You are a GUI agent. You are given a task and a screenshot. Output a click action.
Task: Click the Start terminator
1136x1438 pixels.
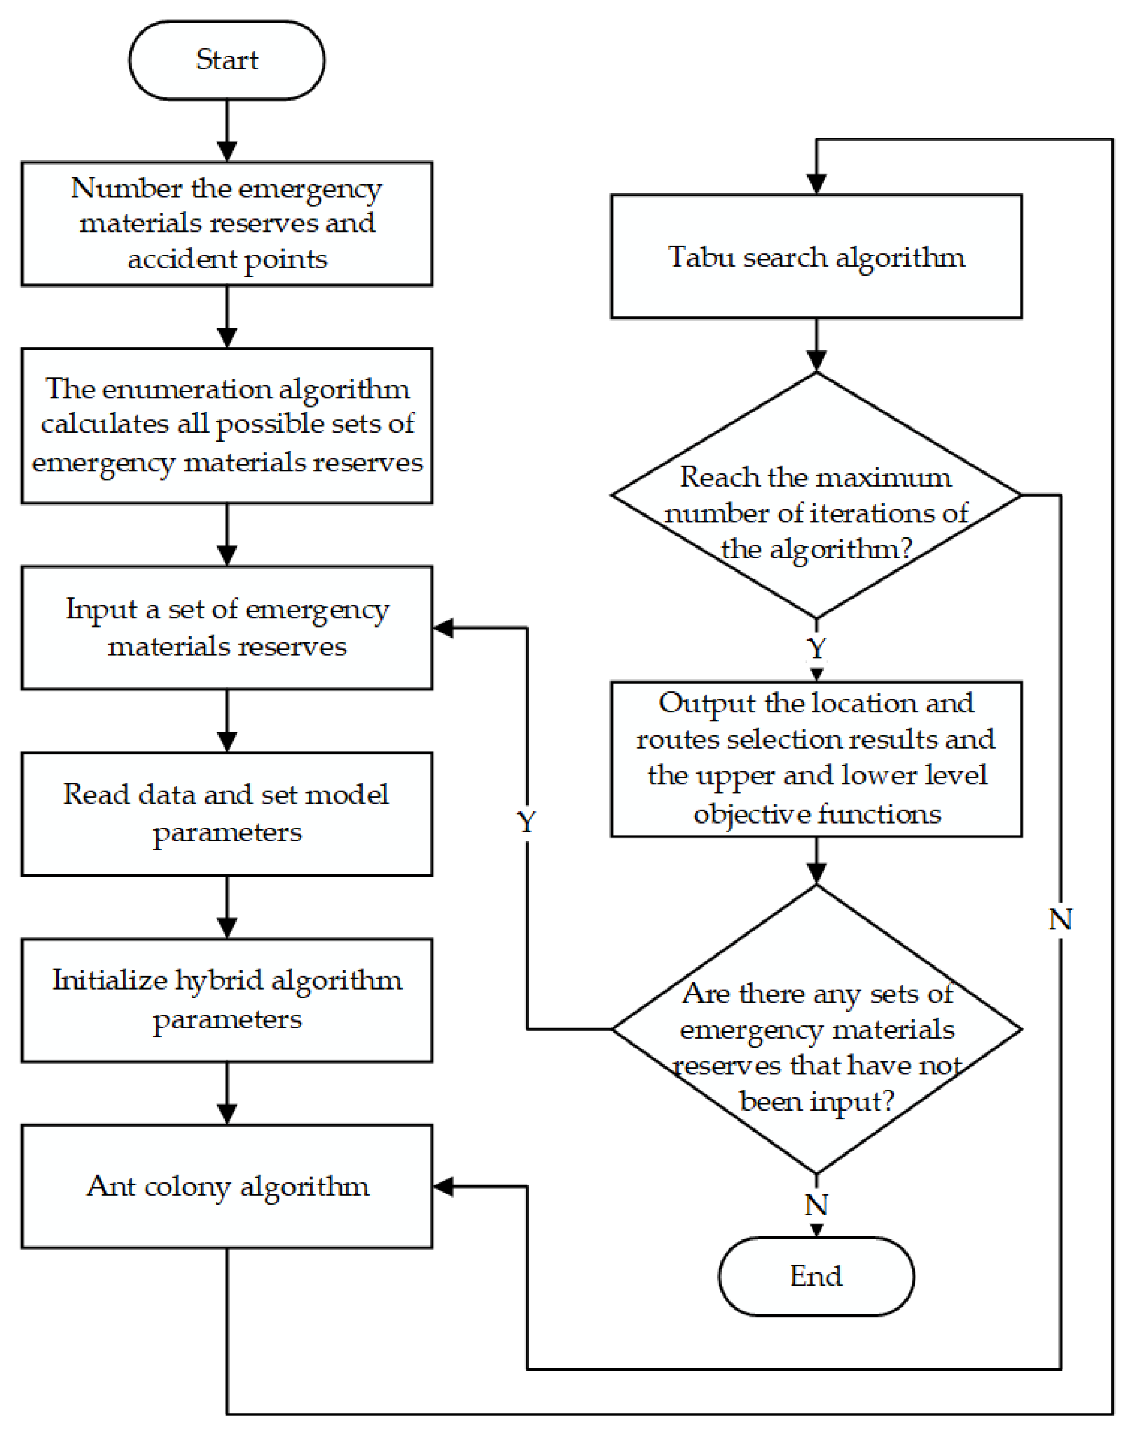coord(227,60)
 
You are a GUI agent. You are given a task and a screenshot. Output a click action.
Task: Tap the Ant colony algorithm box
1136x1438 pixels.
coord(227,1186)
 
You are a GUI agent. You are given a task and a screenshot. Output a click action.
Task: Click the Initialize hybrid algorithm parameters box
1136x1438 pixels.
coord(227,1000)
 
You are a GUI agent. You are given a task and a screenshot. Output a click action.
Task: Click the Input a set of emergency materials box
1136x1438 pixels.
coord(227,628)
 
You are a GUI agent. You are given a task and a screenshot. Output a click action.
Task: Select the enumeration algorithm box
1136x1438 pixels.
coord(227,425)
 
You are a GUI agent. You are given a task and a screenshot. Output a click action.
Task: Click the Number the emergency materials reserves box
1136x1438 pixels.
coord(227,223)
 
